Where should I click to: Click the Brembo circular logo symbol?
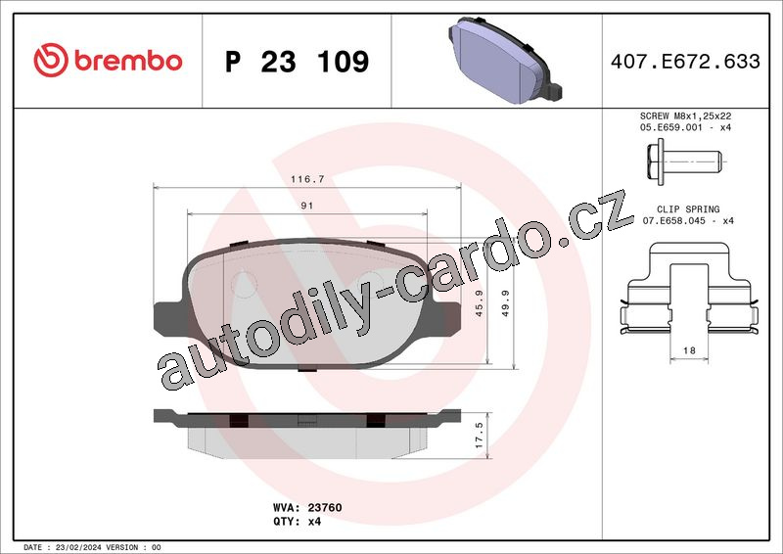[x=51, y=60]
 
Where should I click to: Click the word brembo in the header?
[x=128, y=61]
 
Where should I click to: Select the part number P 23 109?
[x=298, y=62]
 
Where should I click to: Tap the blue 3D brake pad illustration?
[x=505, y=60]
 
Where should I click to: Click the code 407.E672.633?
[x=685, y=61]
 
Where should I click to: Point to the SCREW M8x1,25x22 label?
[x=686, y=115]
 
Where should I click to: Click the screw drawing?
[x=684, y=162]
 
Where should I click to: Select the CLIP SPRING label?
[x=688, y=209]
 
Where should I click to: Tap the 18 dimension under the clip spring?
[x=689, y=350]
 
